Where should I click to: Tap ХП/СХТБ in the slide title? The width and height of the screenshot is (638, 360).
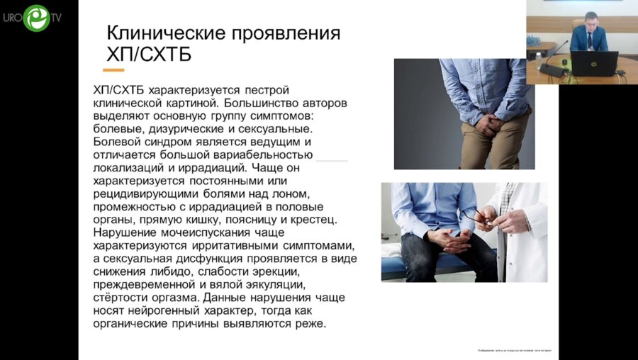click(x=148, y=55)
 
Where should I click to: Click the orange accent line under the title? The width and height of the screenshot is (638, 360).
click(x=113, y=69)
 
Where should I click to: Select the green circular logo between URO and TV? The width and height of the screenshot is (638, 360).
click(x=36, y=18)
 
